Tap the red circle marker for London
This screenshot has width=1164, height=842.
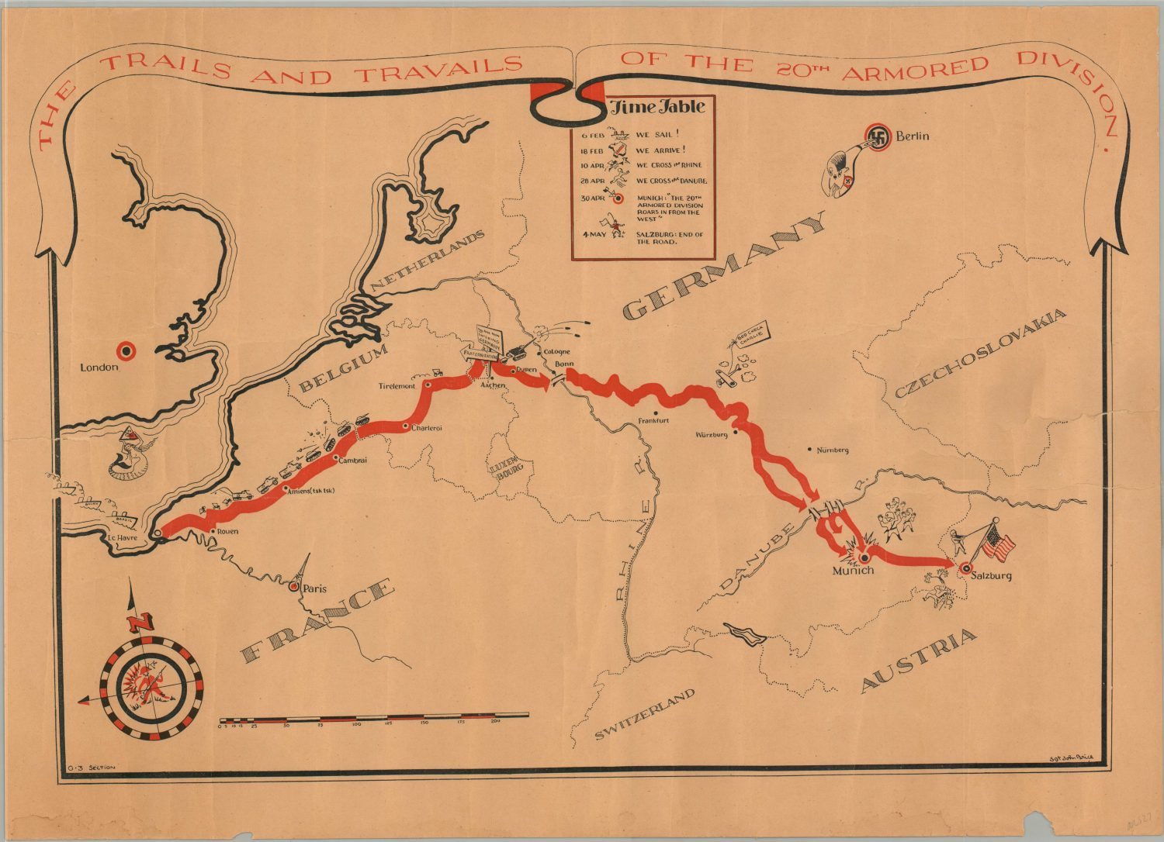125,350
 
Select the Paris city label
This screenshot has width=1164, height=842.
314,588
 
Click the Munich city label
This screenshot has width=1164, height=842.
853,571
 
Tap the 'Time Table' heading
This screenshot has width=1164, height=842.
656,107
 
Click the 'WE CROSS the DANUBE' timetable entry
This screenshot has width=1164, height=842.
671,181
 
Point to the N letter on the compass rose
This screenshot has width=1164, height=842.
140,622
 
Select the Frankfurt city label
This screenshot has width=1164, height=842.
653,421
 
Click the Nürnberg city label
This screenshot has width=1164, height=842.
832,450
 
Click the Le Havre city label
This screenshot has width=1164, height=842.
123,537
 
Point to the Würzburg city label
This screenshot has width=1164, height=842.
712,435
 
